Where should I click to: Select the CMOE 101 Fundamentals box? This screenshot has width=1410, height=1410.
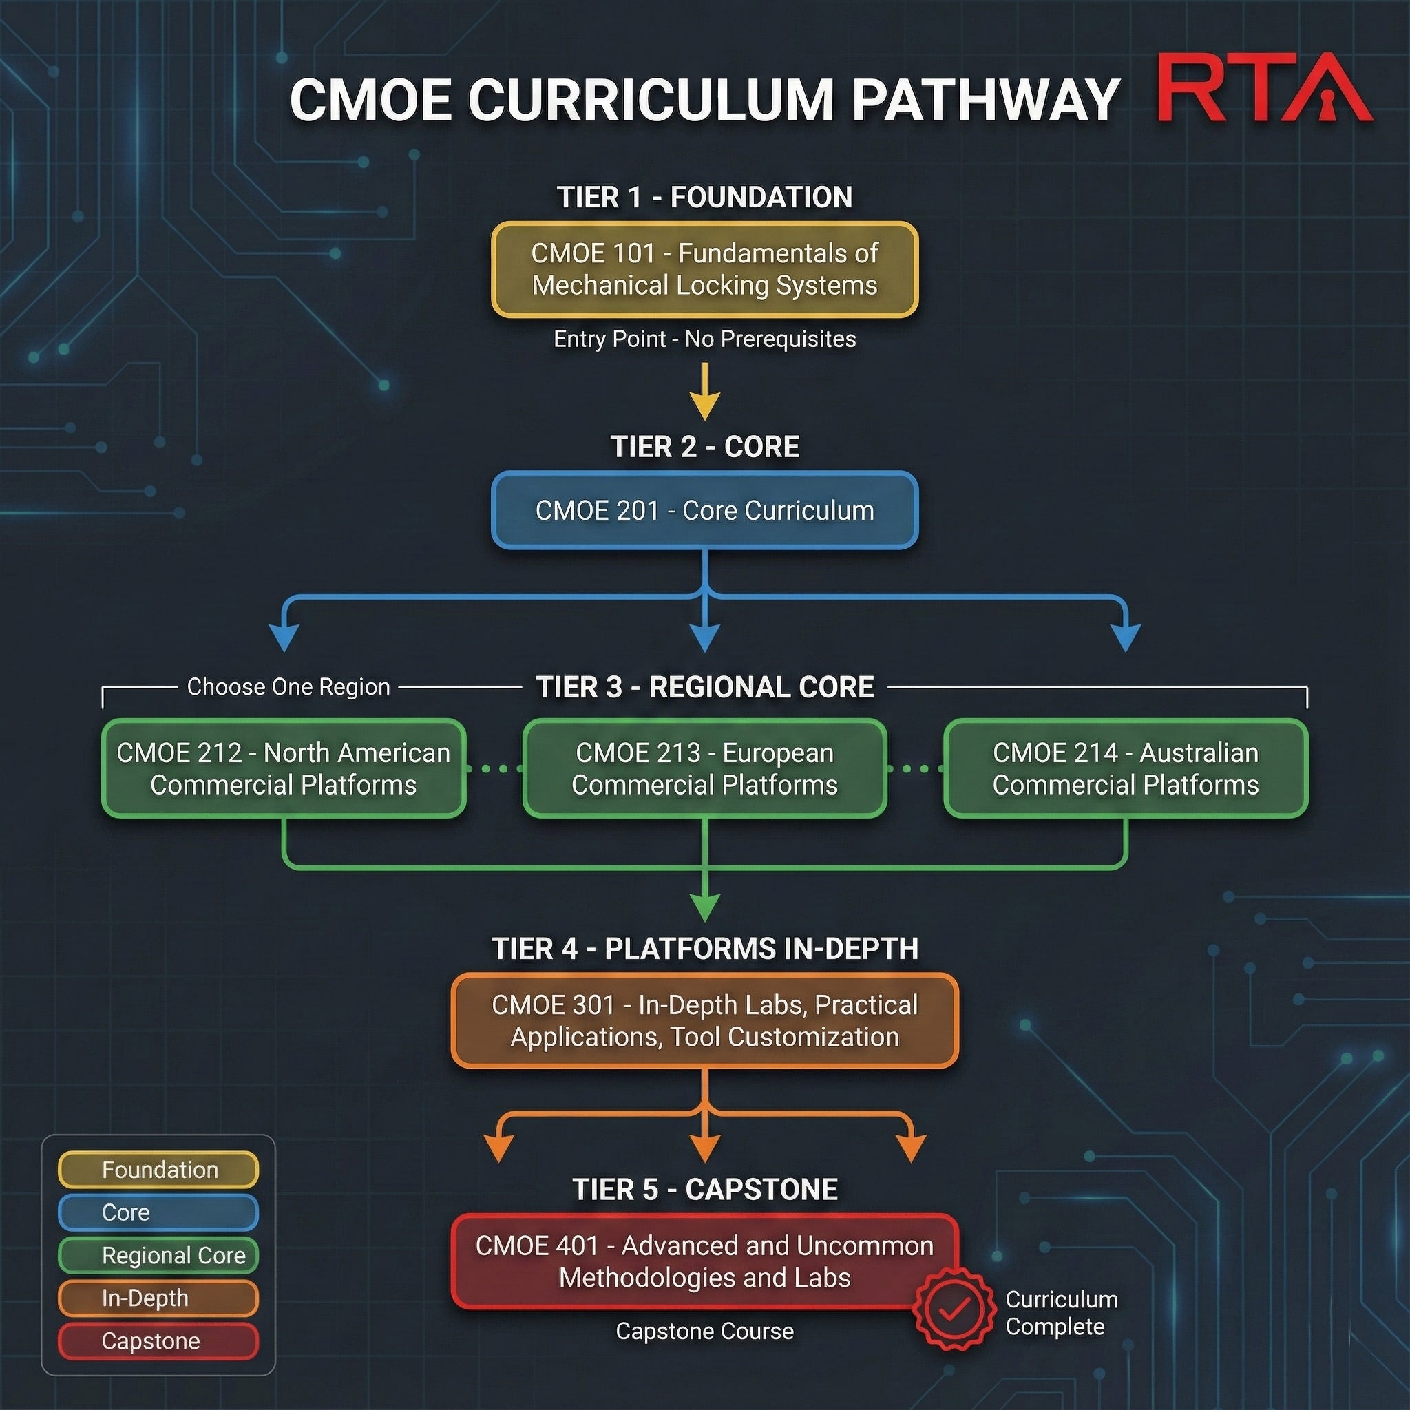[704, 269]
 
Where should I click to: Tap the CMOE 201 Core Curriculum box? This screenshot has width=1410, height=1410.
[704, 510]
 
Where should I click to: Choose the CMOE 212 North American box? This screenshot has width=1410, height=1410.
[283, 768]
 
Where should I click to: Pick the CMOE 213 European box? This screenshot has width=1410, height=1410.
[704, 768]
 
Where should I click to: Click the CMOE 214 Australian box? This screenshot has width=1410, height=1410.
[1126, 768]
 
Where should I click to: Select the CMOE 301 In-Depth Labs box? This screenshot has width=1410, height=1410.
[704, 1020]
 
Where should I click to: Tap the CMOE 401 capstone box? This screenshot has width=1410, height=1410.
[704, 1261]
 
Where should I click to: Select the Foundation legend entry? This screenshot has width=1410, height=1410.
[158, 1170]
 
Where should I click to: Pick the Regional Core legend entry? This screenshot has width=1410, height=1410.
[158, 1255]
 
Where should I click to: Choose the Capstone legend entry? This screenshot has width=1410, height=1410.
[158, 1340]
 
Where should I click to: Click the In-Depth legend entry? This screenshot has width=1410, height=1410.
[158, 1298]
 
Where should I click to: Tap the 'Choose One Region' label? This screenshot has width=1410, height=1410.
[288, 686]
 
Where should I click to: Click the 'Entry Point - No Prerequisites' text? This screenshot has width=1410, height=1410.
[704, 339]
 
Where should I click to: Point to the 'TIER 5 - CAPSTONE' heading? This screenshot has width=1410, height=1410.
[704, 1189]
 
